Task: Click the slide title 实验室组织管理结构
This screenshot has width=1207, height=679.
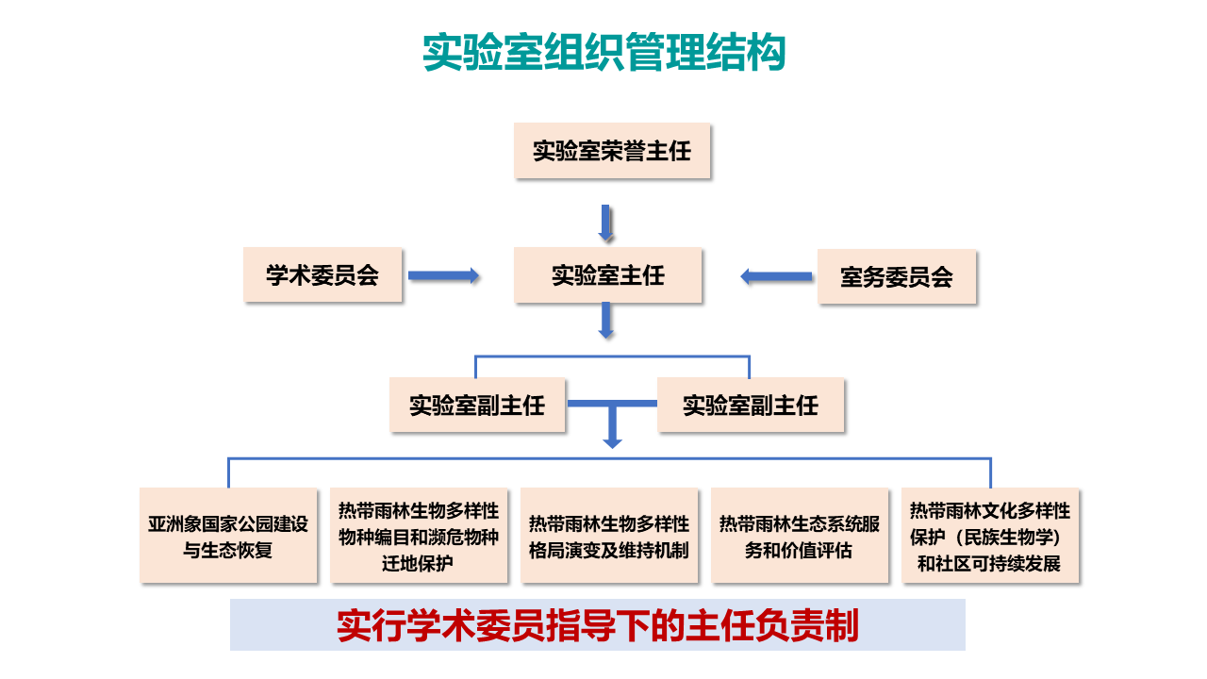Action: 603,53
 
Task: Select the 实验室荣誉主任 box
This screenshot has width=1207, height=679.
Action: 612,151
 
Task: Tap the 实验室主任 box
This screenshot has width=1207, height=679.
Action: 608,275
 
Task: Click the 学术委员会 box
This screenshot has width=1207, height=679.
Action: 322,275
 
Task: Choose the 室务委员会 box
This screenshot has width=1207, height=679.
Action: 896,277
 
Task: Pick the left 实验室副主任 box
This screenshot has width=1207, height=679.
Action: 477,406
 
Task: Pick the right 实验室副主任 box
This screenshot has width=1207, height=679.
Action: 751,406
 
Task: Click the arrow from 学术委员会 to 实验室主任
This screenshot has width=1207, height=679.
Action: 444,275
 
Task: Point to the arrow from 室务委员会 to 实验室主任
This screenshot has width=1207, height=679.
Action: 775,276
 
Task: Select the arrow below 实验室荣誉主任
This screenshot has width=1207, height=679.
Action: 606,223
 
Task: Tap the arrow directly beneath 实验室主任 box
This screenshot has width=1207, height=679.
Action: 606,321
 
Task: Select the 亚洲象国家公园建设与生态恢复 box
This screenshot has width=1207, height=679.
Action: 228,536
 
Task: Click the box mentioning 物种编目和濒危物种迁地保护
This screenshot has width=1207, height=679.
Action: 419,536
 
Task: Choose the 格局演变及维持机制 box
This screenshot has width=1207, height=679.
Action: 609,536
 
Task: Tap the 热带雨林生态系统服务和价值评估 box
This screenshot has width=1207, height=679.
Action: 800,536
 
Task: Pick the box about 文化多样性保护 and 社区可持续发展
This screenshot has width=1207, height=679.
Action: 990,536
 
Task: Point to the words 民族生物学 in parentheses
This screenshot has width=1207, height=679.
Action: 1008,538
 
